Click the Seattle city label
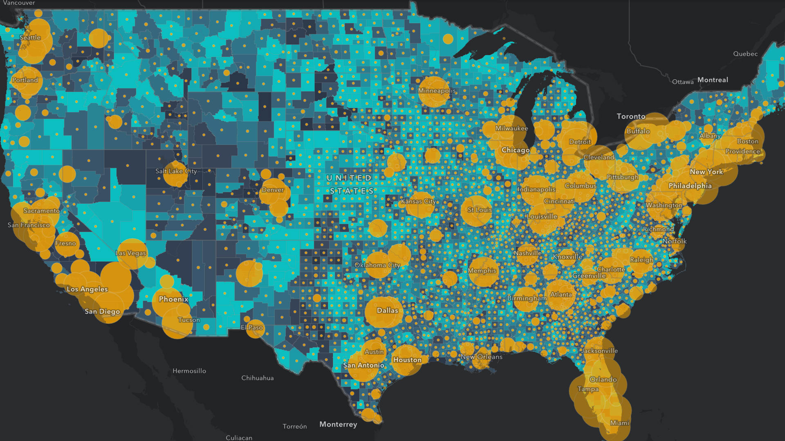[x=30, y=38]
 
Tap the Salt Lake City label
[x=176, y=171]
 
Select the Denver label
[x=273, y=190]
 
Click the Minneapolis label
[x=437, y=91]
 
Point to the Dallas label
[x=387, y=310]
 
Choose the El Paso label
[x=252, y=327]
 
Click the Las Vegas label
[x=130, y=253]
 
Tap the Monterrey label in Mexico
[x=338, y=424]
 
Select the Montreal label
[x=713, y=80]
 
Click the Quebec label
[x=745, y=54]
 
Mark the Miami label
[x=619, y=423]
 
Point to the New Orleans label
[x=481, y=357]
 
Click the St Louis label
[x=480, y=210]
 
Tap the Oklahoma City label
[x=377, y=265]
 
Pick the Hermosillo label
[x=189, y=371]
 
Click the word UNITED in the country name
[x=349, y=178]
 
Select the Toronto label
[x=631, y=116]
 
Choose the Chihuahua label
[x=257, y=378]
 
